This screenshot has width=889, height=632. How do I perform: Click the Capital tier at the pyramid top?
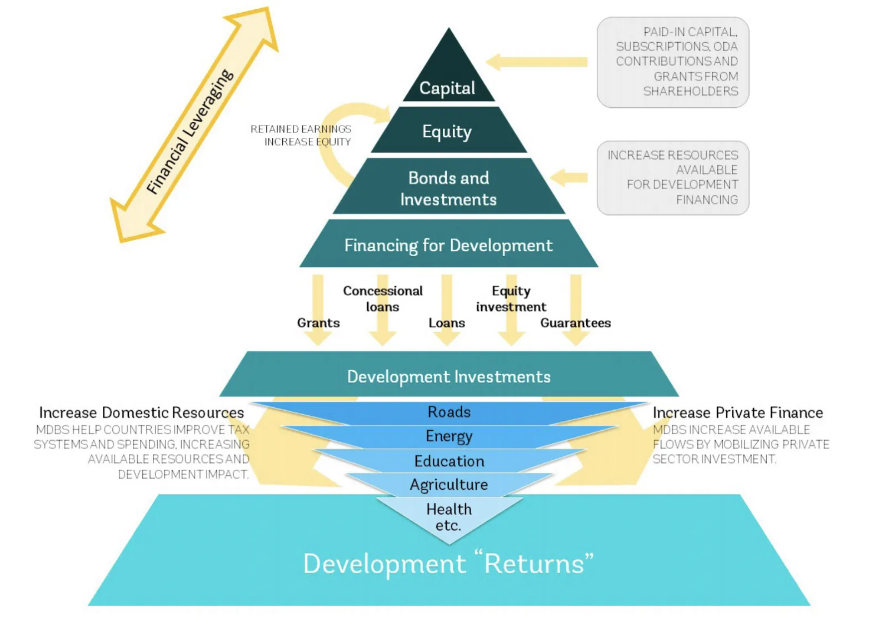448,83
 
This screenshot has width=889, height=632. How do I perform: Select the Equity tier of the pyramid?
448,131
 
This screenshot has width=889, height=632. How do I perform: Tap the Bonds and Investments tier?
448,188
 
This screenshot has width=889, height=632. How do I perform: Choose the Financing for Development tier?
448,245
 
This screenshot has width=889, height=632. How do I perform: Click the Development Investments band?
448,376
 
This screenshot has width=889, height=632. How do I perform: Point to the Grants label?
318,322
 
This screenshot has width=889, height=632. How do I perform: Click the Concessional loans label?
382,298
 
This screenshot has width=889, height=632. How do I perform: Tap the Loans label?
447,322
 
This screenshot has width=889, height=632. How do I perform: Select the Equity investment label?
511,298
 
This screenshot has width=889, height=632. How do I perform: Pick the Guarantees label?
575,322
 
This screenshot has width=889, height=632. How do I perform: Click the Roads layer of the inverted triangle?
449,412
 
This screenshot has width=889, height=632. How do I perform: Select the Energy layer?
449,436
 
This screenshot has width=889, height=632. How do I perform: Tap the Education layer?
449,461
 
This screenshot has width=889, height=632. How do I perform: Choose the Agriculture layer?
449,485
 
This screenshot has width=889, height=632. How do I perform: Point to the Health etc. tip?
449,517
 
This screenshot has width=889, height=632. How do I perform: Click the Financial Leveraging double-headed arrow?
192,128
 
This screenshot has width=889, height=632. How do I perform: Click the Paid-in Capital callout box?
673,62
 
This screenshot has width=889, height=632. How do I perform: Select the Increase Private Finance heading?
737,412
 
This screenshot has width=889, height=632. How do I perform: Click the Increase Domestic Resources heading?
141,412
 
